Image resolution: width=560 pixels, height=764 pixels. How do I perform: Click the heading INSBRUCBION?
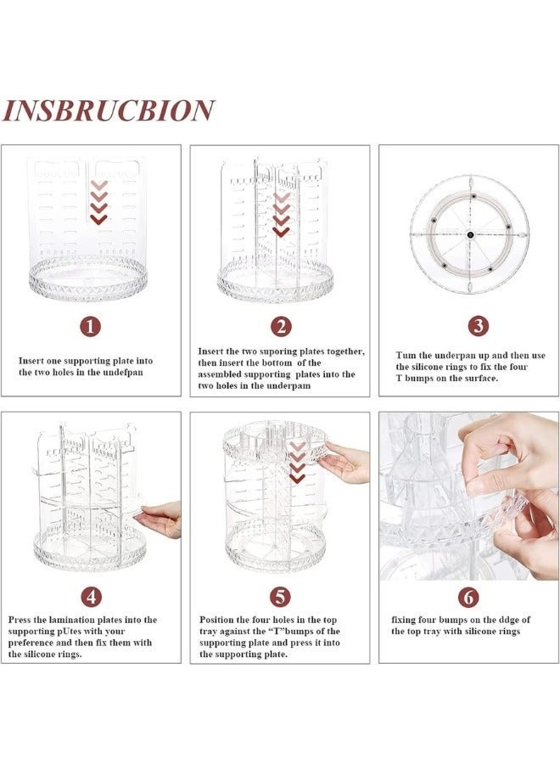(x=109, y=110)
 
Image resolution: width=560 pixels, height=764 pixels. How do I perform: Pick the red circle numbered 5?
(x=280, y=596)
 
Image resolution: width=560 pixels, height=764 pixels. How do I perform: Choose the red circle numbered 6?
(x=468, y=597)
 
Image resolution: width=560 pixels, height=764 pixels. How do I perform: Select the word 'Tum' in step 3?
(x=406, y=355)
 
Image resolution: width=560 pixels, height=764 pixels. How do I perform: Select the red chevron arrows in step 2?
(x=281, y=213)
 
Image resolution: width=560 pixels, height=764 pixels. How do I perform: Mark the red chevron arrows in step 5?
(x=297, y=463)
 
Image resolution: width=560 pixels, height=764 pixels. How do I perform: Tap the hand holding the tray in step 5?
(x=348, y=463)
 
